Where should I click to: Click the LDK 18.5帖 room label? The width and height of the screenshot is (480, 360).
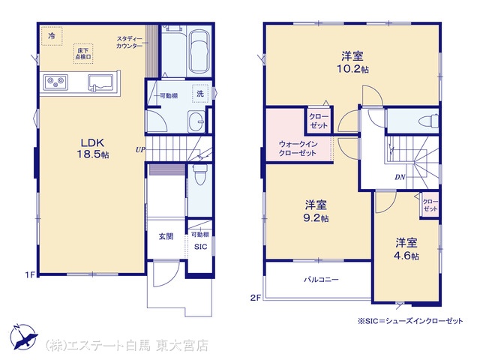tap(92, 148)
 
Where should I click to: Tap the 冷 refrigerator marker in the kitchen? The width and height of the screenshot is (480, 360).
tap(52, 36)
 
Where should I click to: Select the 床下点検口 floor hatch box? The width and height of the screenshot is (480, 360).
tap(83, 54)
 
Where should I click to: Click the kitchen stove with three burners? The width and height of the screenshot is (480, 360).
tap(55, 82)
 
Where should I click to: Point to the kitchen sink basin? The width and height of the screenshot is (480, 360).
tap(100, 82)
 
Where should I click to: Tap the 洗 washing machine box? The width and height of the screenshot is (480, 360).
tap(200, 94)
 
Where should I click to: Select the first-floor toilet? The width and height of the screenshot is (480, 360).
tap(200, 175)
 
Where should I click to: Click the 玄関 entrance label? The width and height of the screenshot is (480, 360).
tap(166, 236)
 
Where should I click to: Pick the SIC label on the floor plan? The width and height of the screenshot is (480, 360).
tap(200, 247)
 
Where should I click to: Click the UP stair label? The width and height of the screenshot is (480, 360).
tap(140, 150)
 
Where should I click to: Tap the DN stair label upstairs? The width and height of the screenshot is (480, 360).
tap(400, 177)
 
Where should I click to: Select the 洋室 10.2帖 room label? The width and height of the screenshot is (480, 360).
tap(352, 62)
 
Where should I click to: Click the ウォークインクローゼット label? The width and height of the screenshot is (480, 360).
tap(298, 148)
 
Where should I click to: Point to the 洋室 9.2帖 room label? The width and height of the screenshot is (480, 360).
tap(315, 211)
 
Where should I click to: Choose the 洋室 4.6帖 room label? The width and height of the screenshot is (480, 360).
tap(406, 249)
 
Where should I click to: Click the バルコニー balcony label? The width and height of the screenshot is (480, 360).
tap(321, 280)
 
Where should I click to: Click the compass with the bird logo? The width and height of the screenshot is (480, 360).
tap(23, 337)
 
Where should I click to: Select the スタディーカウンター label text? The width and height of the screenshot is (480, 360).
tap(130, 42)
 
